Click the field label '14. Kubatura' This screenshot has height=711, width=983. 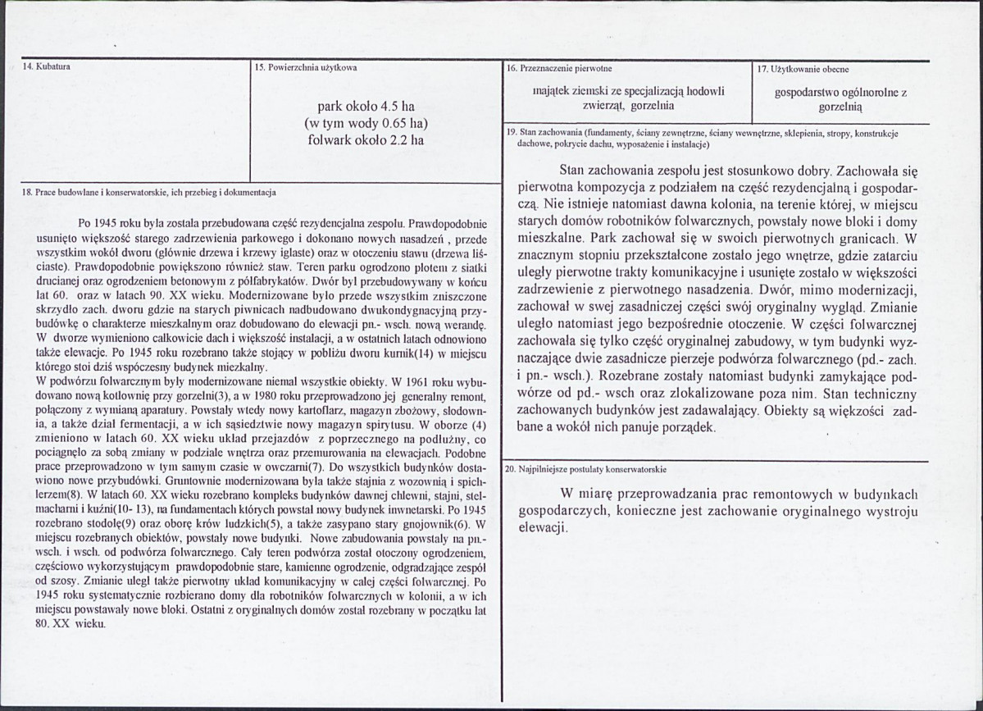[46, 67]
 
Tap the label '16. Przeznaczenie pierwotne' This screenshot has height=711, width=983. [559, 69]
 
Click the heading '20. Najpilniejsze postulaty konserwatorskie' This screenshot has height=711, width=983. [585, 470]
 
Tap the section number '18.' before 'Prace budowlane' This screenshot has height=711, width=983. [25, 192]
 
